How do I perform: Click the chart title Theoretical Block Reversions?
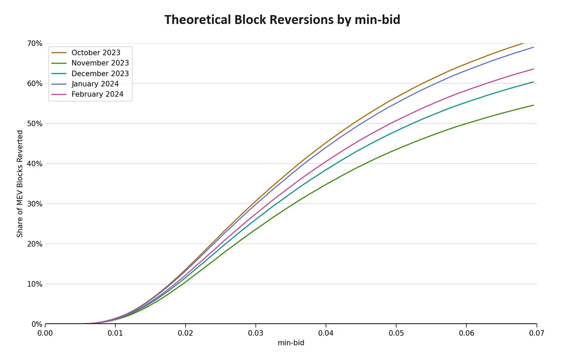coord(282,20)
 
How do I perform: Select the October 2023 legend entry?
coord(96,53)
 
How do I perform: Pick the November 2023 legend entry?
coord(100,63)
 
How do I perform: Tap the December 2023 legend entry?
coord(100,74)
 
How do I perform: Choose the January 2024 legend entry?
coord(95,84)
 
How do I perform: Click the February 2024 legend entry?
coord(97,94)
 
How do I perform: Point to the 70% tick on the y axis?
coord(35,43)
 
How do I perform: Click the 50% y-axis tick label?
coord(35,123)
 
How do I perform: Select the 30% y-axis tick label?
coord(35,204)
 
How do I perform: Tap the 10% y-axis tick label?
coord(35,284)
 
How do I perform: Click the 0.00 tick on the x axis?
coord(45,333)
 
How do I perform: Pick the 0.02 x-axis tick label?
coord(186,333)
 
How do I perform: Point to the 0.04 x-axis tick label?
coord(326,333)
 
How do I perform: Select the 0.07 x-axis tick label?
coord(536,333)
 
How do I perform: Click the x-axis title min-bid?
coord(291,343)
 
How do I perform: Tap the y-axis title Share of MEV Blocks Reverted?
coord(20,184)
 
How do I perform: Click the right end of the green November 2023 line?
coord(533,105)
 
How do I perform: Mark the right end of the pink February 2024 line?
coord(533,69)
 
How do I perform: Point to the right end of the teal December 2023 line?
coord(533,82)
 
